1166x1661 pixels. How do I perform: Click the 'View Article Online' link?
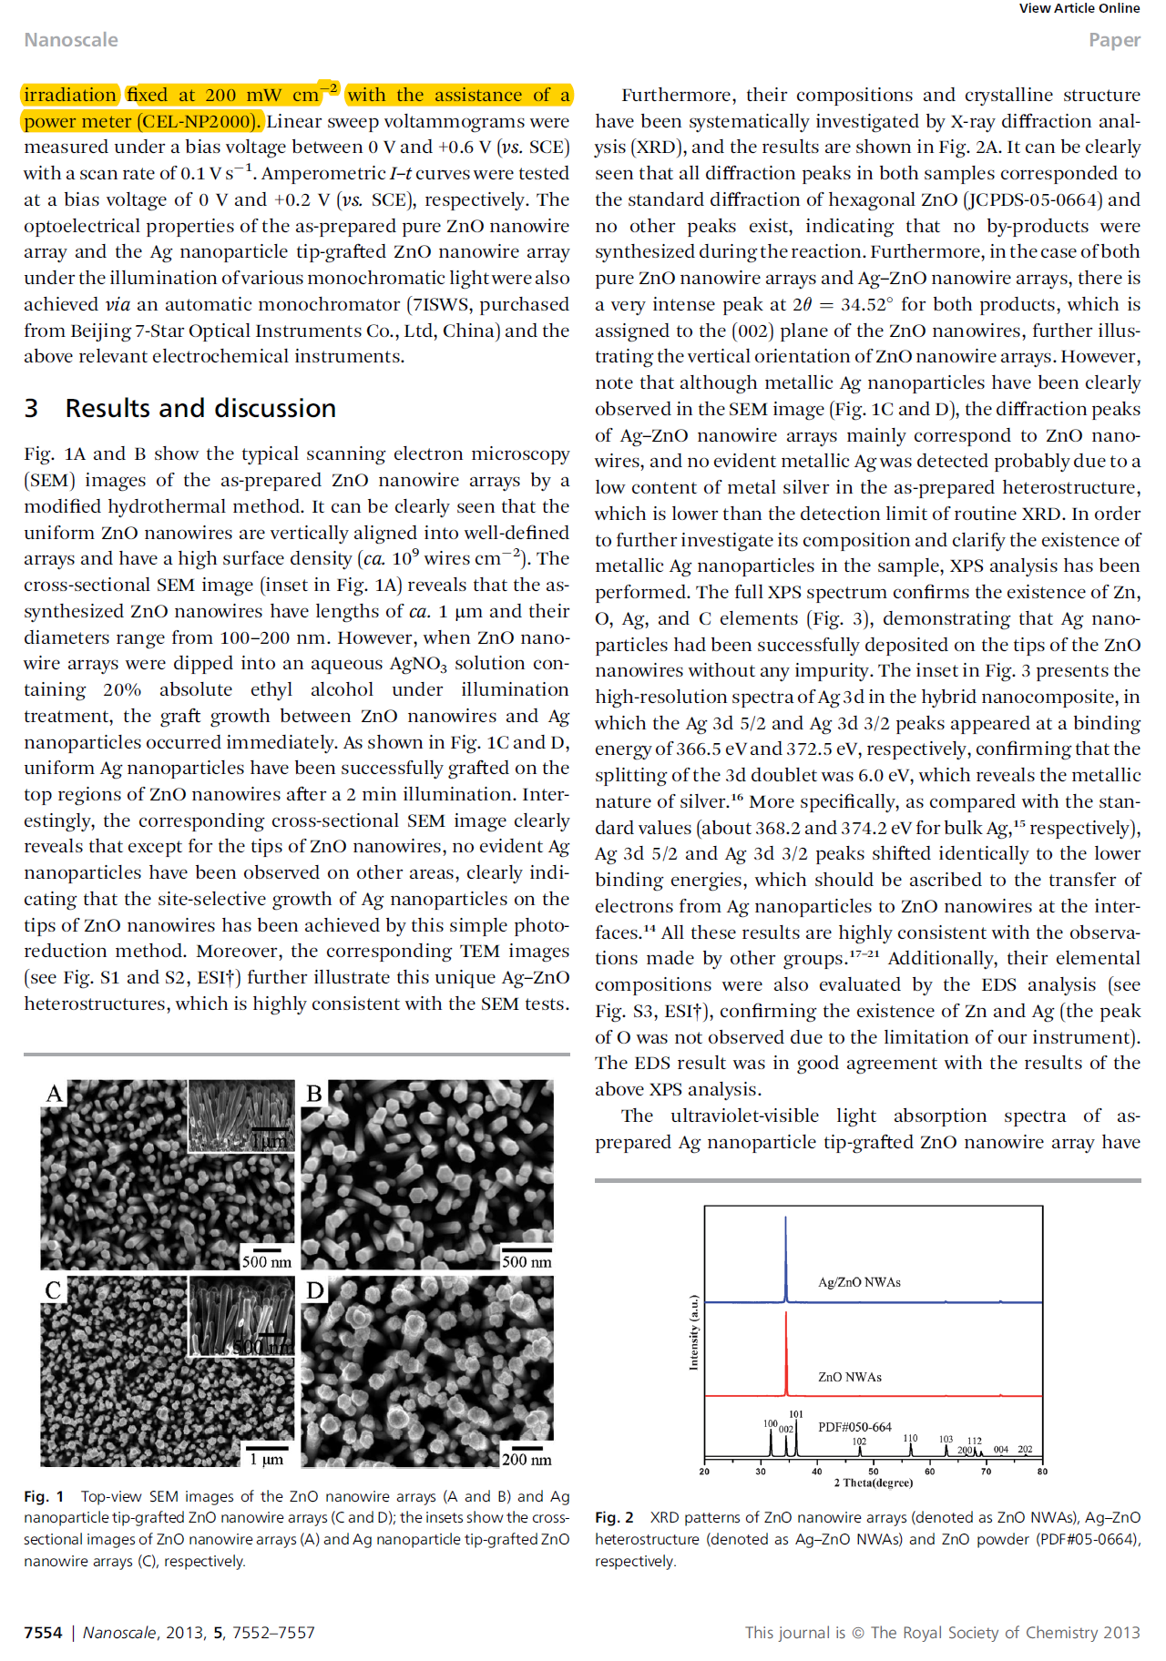[x=1079, y=8]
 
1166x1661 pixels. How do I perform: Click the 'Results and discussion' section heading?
[x=200, y=408]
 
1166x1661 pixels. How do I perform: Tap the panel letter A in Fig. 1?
[x=55, y=1094]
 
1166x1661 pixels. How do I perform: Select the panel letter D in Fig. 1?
[x=315, y=1290]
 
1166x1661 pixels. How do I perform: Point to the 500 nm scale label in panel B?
[x=527, y=1262]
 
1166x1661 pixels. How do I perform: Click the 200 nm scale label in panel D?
[x=527, y=1460]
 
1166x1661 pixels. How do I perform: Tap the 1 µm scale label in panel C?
[x=266, y=1460]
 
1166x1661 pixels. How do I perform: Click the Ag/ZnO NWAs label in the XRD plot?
[x=859, y=1282]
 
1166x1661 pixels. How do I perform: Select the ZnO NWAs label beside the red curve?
[x=849, y=1377]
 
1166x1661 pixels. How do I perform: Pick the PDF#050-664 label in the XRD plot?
[x=854, y=1427]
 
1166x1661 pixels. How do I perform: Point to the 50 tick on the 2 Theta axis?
[x=873, y=1471]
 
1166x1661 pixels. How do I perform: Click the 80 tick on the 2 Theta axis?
[x=1042, y=1471]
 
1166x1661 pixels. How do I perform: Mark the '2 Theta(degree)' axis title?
[x=873, y=1483]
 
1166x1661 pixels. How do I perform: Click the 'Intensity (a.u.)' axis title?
[x=693, y=1331]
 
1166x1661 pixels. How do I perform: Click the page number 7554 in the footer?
[x=43, y=1633]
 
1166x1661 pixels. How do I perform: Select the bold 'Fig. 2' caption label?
[x=614, y=1517]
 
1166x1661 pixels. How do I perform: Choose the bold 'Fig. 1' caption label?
[x=44, y=1496]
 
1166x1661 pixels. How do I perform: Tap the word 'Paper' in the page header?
[x=1114, y=40]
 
